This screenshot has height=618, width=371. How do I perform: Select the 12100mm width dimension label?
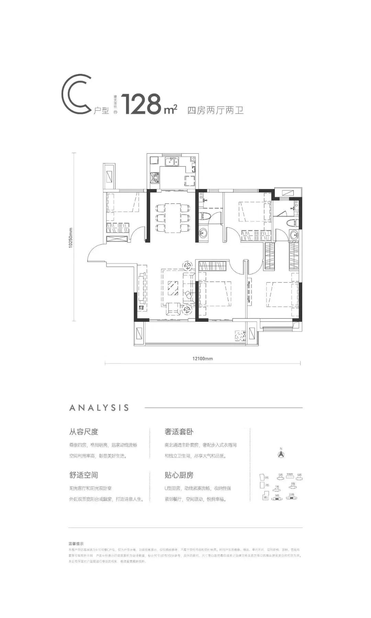pyautogui.click(x=202, y=358)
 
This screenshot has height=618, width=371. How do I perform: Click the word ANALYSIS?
pyautogui.click(x=99, y=408)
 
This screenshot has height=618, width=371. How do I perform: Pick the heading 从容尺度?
pyautogui.click(x=84, y=431)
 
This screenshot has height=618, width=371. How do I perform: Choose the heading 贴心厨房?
pyautogui.click(x=179, y=475)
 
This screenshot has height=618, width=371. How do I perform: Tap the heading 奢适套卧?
pyautogui.click(x=179, y=431)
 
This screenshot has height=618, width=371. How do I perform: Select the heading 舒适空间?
pyautogui.click(x=84, y=475)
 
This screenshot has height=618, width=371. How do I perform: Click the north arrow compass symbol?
pyautogui.click(x=281, y=454)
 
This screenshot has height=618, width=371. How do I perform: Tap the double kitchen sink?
pyautogui.click(x=172, y=161)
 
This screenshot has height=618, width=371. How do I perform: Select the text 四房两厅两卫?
pyautogui.click(x=215, y=110)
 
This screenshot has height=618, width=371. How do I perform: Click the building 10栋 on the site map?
pyautogui.click(x=292, y=497)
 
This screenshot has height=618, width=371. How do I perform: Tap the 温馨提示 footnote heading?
pyautogui.click(x=77, y=544)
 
